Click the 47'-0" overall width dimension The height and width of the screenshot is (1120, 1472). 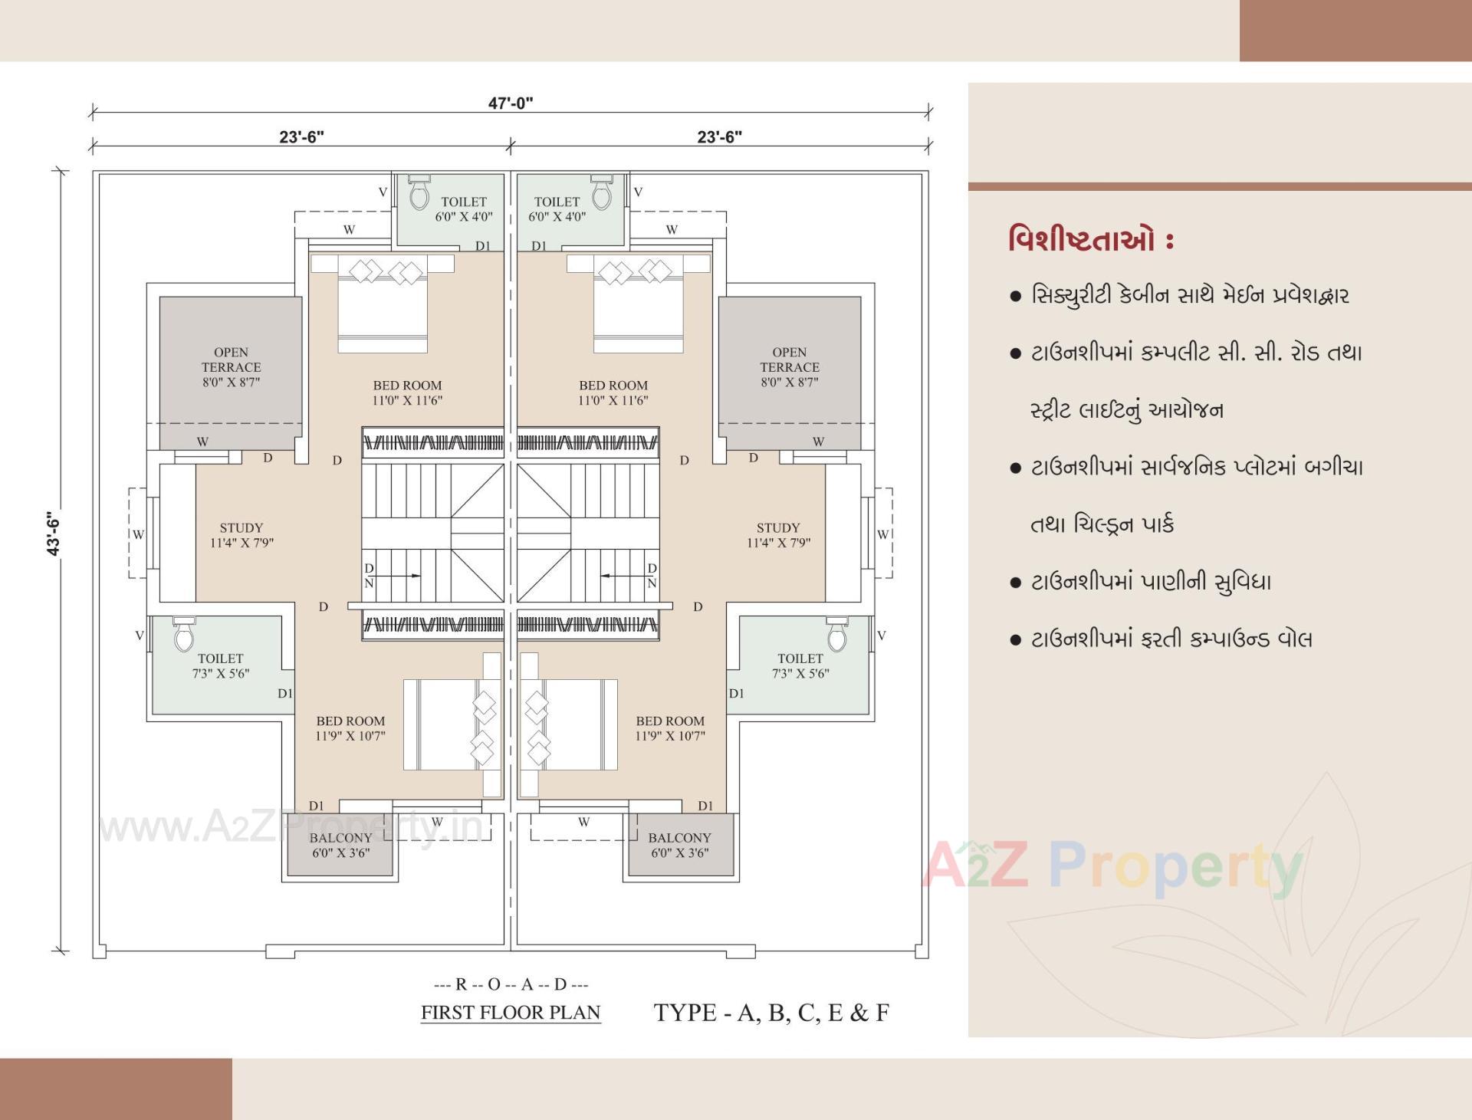tap(511, 103)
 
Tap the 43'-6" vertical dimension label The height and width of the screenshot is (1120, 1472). tap(54, 534)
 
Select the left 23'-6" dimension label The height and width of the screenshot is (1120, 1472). tap(301, 136)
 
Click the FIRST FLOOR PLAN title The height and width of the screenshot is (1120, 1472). tap(511, 1012)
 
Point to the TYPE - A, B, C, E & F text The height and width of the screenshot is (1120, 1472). tap(771, 1012)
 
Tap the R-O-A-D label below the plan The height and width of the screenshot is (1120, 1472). tap(511, 984)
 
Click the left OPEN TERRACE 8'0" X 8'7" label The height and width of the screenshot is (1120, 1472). tap(231, 367)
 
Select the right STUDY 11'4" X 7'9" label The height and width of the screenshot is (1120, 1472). tap(778, 535)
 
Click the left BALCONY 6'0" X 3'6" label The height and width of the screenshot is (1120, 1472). tap(340, 845)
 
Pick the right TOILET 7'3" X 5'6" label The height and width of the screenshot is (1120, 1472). tap(800, 665)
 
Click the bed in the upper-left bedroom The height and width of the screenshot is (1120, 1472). tap(382, 307)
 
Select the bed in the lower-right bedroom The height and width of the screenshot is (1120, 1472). tap(569, 724)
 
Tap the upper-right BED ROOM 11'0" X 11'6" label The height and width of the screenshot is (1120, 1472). tap(613, 392)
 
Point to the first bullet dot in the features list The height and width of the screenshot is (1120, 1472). tap(1016, 296)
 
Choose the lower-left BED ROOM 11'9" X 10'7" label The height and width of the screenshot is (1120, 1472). tap(350, 728)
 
